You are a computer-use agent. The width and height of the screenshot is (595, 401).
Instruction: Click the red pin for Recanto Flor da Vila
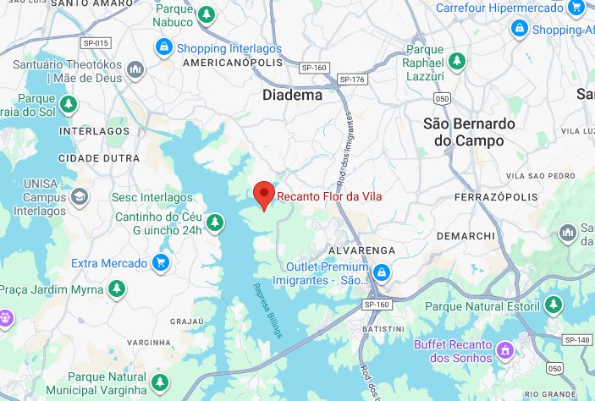point(264,195)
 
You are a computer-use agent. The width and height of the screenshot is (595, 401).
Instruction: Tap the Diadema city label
point(292,96)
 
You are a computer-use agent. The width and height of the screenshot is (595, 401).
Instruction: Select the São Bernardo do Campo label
point(468,132)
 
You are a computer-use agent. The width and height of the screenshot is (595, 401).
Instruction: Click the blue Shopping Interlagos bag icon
point(163,47)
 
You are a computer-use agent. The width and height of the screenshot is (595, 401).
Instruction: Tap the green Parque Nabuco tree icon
point(207,14)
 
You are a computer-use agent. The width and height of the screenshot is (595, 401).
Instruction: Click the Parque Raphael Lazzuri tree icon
point(457,62)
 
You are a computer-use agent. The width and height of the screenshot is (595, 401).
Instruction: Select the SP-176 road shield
point(351,80)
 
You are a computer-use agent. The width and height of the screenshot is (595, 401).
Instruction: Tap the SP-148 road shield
point(579,339)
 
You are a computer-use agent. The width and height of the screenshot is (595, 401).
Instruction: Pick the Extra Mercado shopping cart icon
point(160,263)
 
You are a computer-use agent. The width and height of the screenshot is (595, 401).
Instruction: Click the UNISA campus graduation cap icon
point(79,196)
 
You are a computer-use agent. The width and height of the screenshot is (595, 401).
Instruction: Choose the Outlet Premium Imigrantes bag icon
point(382,272)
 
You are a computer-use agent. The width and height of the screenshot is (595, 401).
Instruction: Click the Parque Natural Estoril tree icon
point(554,304)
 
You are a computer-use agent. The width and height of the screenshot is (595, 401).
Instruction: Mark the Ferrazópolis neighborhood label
point(496,197)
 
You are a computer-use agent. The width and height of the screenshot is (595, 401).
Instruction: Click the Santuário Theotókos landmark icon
point(135,69)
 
